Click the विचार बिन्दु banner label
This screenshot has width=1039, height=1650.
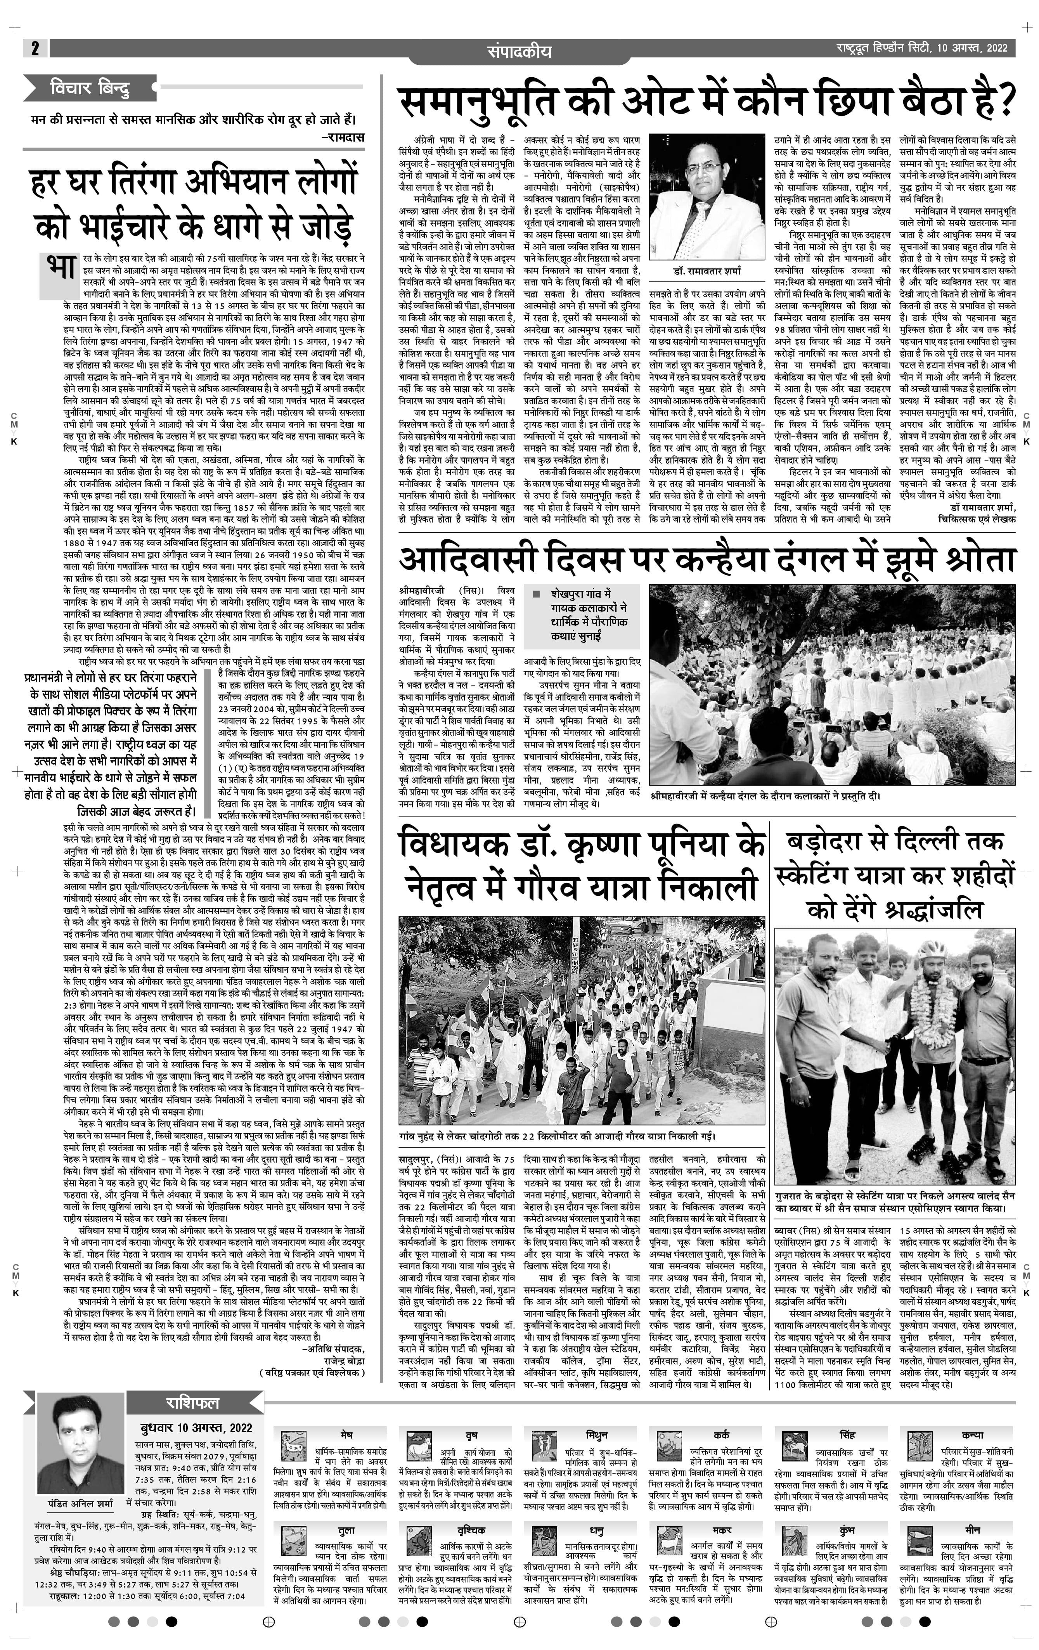pos(90,88)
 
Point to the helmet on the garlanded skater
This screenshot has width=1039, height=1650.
pos(932,951)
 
